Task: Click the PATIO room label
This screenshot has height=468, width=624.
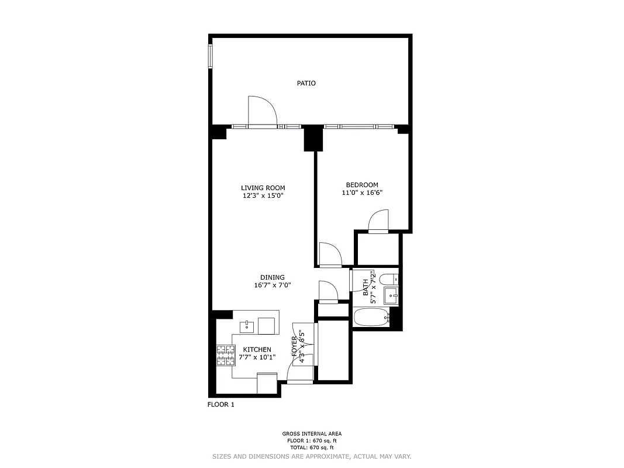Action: tap(306, 83)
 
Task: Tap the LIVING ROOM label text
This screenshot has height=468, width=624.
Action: tap(263, 188)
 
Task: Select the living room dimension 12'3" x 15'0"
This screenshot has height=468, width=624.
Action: tap(263, 196)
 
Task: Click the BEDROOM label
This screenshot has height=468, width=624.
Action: tap(362, 185)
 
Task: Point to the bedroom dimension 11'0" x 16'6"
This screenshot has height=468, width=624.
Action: tap(362, 192)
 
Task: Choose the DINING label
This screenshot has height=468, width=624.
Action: tap(273, 277)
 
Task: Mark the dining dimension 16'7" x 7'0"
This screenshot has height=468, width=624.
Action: tap(273, 285)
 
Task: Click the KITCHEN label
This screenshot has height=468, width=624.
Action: tap(257, 349)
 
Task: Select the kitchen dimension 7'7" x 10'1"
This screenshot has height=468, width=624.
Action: tap(257, 357)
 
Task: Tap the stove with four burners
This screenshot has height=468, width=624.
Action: tap(225, 356)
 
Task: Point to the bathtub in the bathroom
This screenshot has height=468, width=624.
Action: tap(371, 318)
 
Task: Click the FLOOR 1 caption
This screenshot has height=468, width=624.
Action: tap(221, 404)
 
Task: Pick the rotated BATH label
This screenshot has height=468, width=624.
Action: tap(366, 286)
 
